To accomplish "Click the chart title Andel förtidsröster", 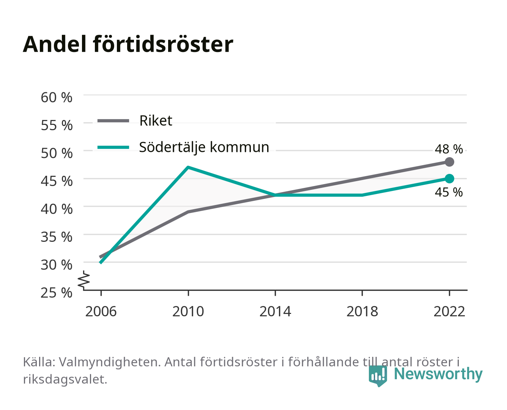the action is pyautogui.click(x=128, y=44).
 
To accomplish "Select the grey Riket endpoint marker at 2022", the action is pyautogui.click(x=449, y=162).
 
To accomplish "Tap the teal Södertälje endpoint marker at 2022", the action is pyautogui.click(x=449, y=178).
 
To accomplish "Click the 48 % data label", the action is pyautogui.click(x=449, y=149).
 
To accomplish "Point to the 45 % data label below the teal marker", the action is pyautogui.click(x=449, y=192).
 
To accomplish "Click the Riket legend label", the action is pyautogui.click(x=156, y=120).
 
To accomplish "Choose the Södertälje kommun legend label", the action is pyautogui.click(x=204, y=147).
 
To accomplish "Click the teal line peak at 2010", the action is pyautogui.click(x=188, y=167).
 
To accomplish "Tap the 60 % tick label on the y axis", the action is pyautogui.click(x=57, y=98).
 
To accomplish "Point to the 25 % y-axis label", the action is pyautogui.click(x=57, y=293).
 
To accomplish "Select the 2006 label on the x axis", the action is pyautogui.click(x=101, y=311).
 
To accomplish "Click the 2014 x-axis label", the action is pyautogui.click(x=275, y=311).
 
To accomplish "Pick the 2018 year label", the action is pyautogui.click(x=362, y=311).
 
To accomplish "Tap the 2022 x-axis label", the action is pyautogui.click(x=449, y=311).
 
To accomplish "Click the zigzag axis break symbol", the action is pyautogui.click(x=84, y=280).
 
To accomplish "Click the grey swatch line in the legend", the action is pyautogui.click(x=113, y=121).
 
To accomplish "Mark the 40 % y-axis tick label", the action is pyautogui.click(x=57, y=209).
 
